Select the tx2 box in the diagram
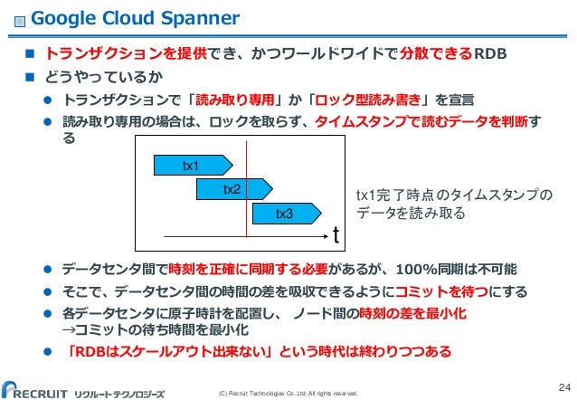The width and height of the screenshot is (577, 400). click(232, 188)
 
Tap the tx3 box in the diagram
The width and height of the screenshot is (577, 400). click(285, 214)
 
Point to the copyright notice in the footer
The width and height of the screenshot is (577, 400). click(283, 394)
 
